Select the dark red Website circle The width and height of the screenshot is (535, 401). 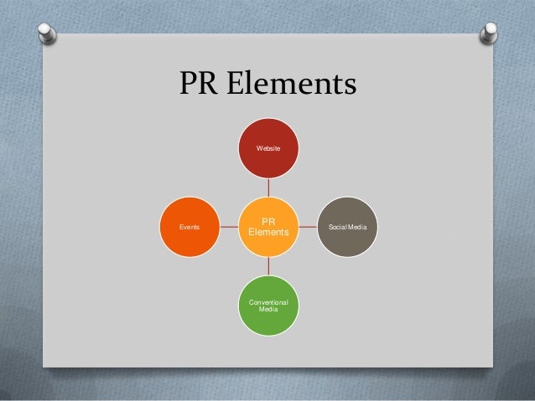tap(267, 147)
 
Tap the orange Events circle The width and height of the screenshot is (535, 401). tap(190, 226)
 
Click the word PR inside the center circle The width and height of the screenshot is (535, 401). tap(267, 221)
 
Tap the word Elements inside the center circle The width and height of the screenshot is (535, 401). tap(267, 232)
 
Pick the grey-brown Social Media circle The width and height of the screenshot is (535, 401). tap(347, 227)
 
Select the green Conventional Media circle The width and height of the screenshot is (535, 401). tap(267, 306)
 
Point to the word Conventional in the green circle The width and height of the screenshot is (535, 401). tap(267, 302)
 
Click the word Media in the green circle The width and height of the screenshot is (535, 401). tap(267, 310)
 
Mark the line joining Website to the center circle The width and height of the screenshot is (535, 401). tap(267, 187)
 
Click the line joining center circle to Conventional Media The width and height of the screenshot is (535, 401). tap(267, 266)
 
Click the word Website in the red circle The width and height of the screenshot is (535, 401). tap(267, 147)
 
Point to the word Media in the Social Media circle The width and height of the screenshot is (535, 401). tap(364, 227)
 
